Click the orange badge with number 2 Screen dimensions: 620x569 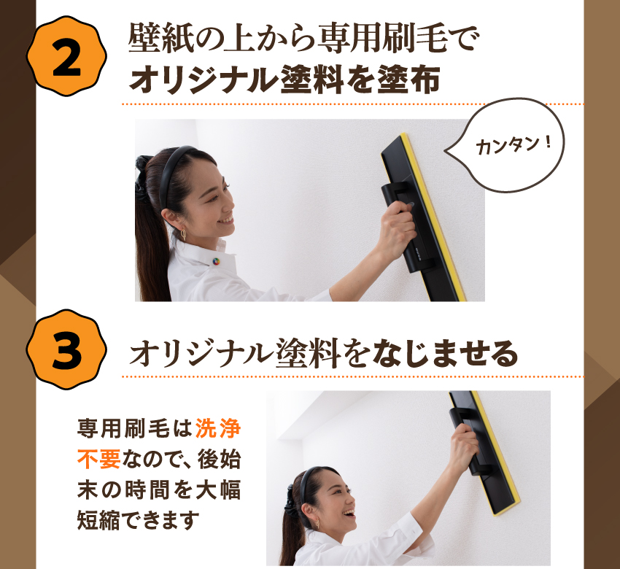[66, 56]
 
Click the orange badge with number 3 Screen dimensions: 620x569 [66, 349]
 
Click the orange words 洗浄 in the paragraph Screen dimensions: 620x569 [218, 429]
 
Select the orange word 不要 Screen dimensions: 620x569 [99, 459]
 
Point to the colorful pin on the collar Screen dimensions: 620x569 [216, 261]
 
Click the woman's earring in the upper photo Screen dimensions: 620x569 [183, 235]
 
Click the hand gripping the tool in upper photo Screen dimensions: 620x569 [395, 225]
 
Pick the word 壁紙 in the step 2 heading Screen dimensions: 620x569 [152, 39]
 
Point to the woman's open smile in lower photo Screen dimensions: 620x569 [349, 514]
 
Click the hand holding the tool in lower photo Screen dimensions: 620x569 [464, 446]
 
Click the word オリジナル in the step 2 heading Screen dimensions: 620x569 [203, 79]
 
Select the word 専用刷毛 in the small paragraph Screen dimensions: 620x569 [124, 429]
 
